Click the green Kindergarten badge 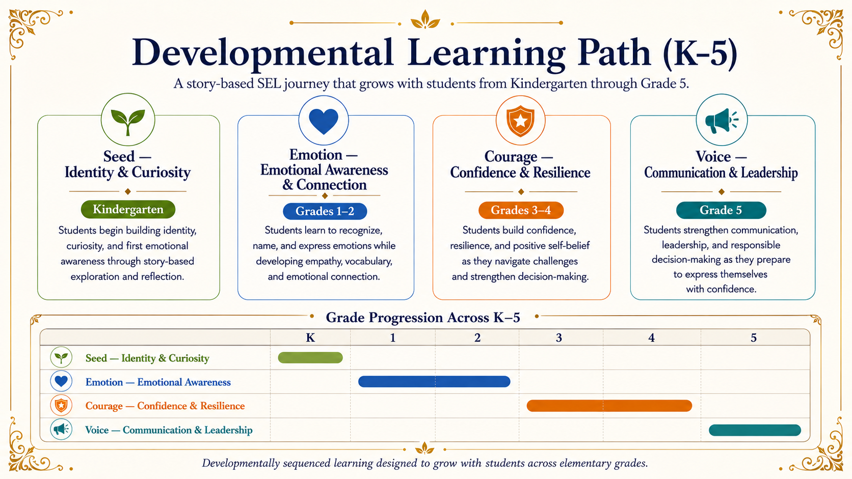[x=128, y=209]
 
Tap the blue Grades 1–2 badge [x=325, y=211]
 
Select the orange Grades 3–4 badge [x=521, y=210]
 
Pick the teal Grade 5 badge [x=721, y=210]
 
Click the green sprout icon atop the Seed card [x=128, y=120]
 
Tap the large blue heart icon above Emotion [x=324, y=121]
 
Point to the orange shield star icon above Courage [x=520, y=121]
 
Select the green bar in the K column [x=310, y=358]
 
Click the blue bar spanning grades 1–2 [x=434, y=381]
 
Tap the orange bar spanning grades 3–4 [x=609, y=406]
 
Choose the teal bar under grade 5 [x=755, y=430]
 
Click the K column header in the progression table [x=310, y=337]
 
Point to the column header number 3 [x=559, y=337]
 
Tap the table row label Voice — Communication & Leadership [x=169, y=430]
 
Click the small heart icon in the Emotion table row [x=61, y=381]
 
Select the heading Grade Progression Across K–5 [x=423, y=318]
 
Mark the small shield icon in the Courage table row [x=61, y=406]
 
